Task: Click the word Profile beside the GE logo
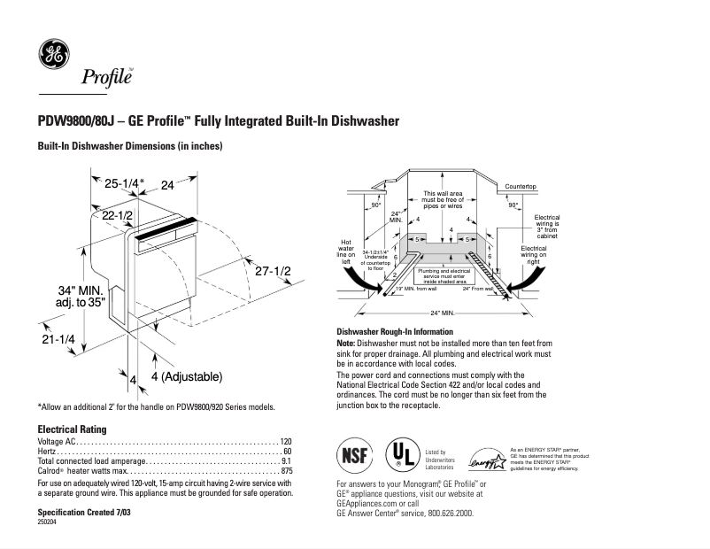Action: click(106, 77)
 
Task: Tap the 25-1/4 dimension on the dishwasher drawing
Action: click(122, 184)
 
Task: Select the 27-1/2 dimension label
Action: click(273, 272)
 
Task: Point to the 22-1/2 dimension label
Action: click(117, 216)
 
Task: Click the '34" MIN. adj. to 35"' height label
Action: click(81, 297)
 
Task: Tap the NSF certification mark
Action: click(351, 456)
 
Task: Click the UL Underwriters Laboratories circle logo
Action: click(401, 456)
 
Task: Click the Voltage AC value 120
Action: click(286, 441)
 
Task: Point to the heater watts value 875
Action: click(286, 471)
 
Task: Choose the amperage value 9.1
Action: click(286, 461)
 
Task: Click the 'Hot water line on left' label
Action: click(346, 251)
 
